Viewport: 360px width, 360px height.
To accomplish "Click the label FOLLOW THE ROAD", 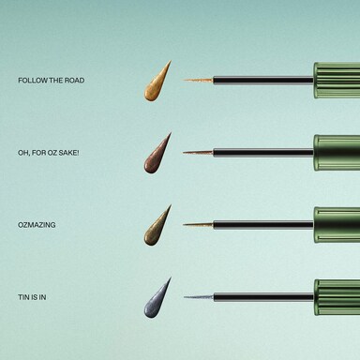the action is click(52, 81).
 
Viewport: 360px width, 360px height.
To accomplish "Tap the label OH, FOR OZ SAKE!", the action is click(49, 153).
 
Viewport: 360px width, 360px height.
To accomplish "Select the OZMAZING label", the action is click(37, 225).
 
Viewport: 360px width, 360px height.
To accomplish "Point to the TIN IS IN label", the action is click(32, 297).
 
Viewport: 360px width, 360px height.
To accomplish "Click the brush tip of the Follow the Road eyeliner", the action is click(198, 81).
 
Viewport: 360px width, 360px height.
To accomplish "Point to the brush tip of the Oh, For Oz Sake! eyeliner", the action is click(198, 153).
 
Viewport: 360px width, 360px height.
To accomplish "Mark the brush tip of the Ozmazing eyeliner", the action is click(198, 225).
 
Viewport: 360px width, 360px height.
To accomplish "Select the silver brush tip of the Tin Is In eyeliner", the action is click(199, 297).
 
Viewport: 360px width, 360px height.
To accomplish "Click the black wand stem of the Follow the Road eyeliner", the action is click(263, 81).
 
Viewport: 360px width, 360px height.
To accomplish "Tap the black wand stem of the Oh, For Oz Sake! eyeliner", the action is click(263, 153).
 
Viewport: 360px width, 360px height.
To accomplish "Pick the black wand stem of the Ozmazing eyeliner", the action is click(263, 225).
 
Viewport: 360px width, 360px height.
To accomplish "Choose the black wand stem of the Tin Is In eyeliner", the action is click(263, 297).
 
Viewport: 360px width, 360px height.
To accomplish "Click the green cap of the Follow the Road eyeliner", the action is click(337, 81).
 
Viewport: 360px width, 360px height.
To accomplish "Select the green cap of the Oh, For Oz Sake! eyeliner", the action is click(337, 153).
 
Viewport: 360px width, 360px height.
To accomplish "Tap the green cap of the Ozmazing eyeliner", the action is click(337, 225).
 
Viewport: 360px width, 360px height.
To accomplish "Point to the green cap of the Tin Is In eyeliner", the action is click(337, 297).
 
